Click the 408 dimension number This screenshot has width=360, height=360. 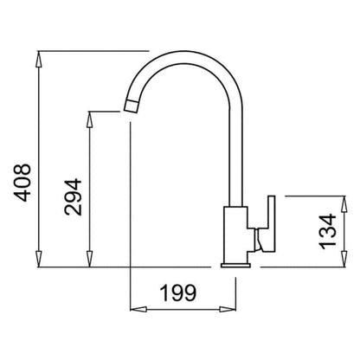click(x=22, y=183)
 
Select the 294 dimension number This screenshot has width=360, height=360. click(x=73, y=196)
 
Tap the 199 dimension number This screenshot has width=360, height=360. click(x=178, y=292)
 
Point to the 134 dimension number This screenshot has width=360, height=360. click(x=328, y=231)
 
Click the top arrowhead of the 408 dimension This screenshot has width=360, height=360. click(x=39, y=59)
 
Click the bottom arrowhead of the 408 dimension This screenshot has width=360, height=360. click(x=39, y=259)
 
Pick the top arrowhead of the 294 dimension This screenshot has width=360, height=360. click(x=90, y=119)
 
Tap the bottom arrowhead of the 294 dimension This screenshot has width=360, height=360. click(x=90, y=259)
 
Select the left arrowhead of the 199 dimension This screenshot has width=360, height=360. click(x=138, y=310)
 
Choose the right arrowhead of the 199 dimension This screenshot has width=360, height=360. click(x=228, y=310)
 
